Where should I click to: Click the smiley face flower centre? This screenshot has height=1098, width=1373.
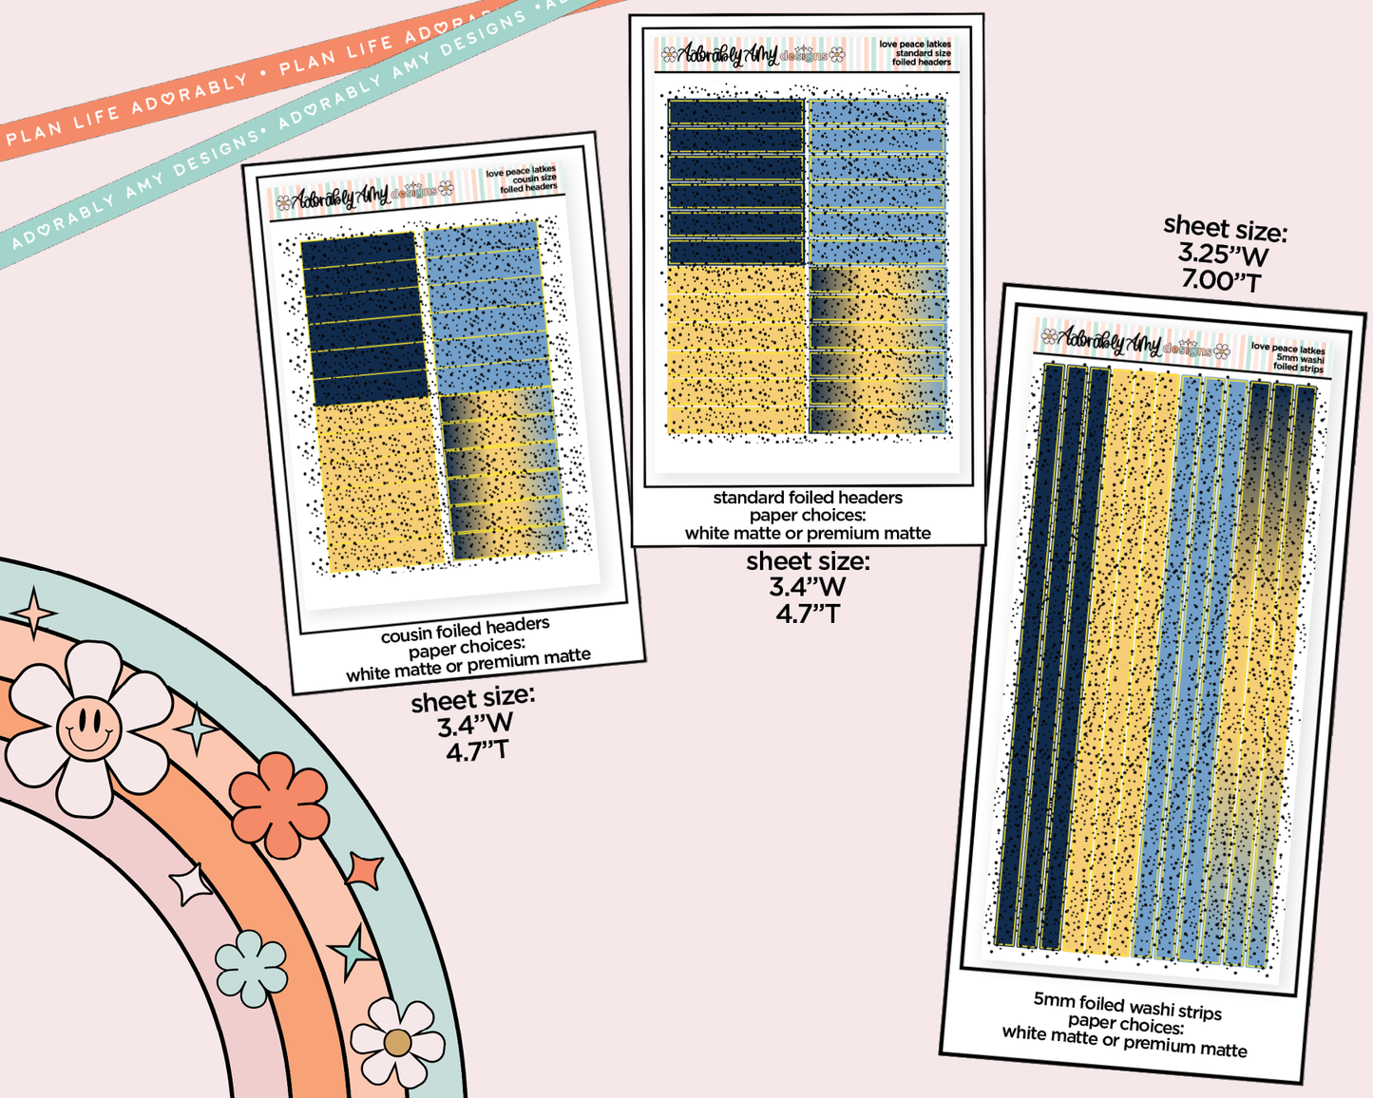(88, 727)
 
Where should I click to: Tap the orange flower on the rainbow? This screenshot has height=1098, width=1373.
(279, 805)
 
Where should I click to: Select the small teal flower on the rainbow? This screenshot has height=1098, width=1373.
(251, 968)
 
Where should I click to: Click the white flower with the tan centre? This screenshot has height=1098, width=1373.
(397, 1043)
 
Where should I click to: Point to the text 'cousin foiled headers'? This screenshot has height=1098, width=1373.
(465, 630)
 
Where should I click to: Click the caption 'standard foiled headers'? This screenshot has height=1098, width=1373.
(808, 498)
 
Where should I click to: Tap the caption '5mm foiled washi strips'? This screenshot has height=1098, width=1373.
(1128, 1006)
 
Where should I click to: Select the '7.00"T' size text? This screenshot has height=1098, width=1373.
(1221, 281)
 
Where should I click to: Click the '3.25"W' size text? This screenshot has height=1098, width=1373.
(1224, 255)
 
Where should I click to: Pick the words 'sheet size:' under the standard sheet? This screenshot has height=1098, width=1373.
(808, 561)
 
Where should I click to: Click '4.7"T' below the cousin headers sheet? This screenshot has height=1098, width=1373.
(478, 751)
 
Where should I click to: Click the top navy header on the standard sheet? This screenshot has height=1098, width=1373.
(735, 112)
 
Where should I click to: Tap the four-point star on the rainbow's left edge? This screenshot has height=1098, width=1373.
(34, 613)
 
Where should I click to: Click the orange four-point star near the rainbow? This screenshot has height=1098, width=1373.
(365, 870)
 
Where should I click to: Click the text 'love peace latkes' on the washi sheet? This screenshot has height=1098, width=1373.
(1287, 349)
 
